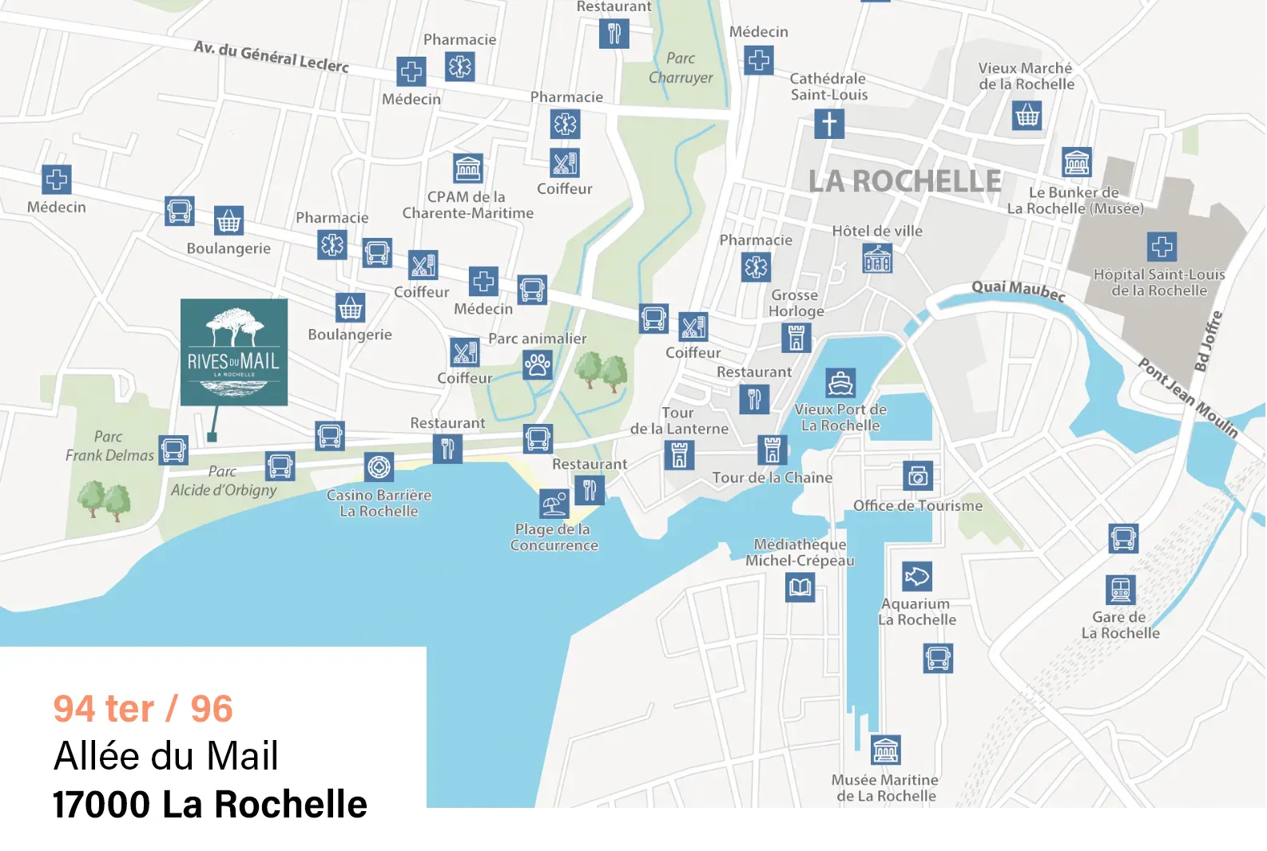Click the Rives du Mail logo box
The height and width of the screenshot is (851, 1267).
coord(234,352)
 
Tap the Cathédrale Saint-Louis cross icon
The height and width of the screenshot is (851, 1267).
coord(829,124)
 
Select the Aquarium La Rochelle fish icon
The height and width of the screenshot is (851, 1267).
coord(917,576)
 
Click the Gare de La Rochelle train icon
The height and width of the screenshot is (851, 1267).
coord(1120,591)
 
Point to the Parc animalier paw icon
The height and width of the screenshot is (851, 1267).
coord(538,365)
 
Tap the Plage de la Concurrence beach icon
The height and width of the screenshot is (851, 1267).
coord(554,504)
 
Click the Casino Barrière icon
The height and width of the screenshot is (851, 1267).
coord(379,466)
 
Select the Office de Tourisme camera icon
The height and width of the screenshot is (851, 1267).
coord(918,477)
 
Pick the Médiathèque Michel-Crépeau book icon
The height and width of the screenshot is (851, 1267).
coord(800,588)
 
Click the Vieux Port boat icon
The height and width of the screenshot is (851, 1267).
coord(840,383)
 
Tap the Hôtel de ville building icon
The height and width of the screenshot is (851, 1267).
coord(877,259)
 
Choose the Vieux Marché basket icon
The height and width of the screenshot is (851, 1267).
coord(1027,117)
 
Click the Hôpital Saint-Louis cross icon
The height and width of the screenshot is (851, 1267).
coord(1162,247)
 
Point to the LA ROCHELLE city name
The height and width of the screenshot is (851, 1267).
coord(904,181)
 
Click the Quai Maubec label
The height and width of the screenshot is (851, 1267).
coord(1019,291)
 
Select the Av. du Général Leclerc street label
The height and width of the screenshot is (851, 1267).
coord(271,57)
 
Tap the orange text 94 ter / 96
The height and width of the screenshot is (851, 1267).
coord(143,708)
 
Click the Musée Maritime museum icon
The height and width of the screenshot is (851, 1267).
coord(885,750)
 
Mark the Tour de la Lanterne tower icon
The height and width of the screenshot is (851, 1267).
coord(679,455)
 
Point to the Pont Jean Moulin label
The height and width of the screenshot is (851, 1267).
coord(1188,398)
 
